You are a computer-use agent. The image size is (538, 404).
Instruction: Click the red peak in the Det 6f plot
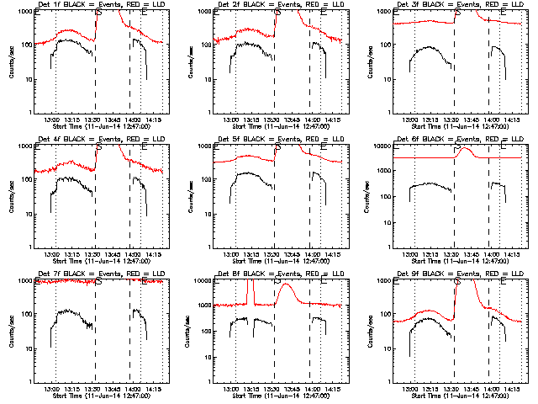coord(467,149)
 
